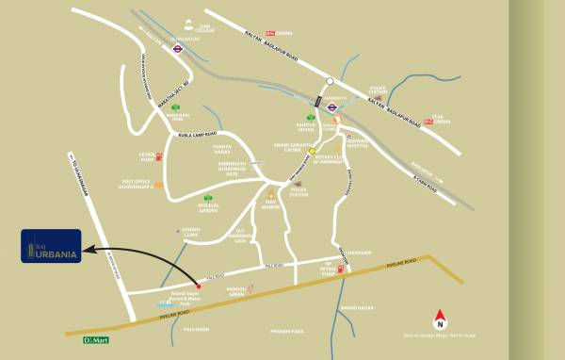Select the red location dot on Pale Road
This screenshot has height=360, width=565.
[198, 285]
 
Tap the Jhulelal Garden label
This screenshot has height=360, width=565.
[184, 208]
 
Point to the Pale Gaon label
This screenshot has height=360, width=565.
[195, 329]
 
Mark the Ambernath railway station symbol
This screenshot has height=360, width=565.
[332, 107]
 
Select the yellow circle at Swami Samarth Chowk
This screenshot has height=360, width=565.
[312, 149]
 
